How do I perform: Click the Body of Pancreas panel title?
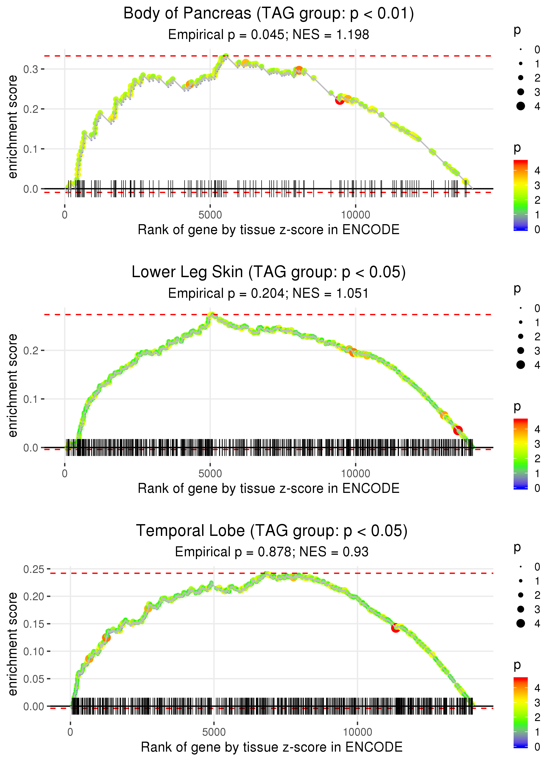pos(269,14)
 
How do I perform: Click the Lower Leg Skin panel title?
pos(269,272)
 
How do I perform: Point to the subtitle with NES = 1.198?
pos(269,35)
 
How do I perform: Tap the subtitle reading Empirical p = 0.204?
pos(269,294)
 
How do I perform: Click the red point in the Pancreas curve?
pos(339,100)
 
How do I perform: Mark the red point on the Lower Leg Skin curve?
pos(458,430)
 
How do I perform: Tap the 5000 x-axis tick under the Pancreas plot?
pos(210,215)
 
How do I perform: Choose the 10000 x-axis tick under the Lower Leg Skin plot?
pos(355,474)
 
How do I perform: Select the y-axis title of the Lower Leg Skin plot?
pos(13,385)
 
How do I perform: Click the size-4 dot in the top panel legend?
pos(521,106)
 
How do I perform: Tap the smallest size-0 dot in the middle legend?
pos(521,308)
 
